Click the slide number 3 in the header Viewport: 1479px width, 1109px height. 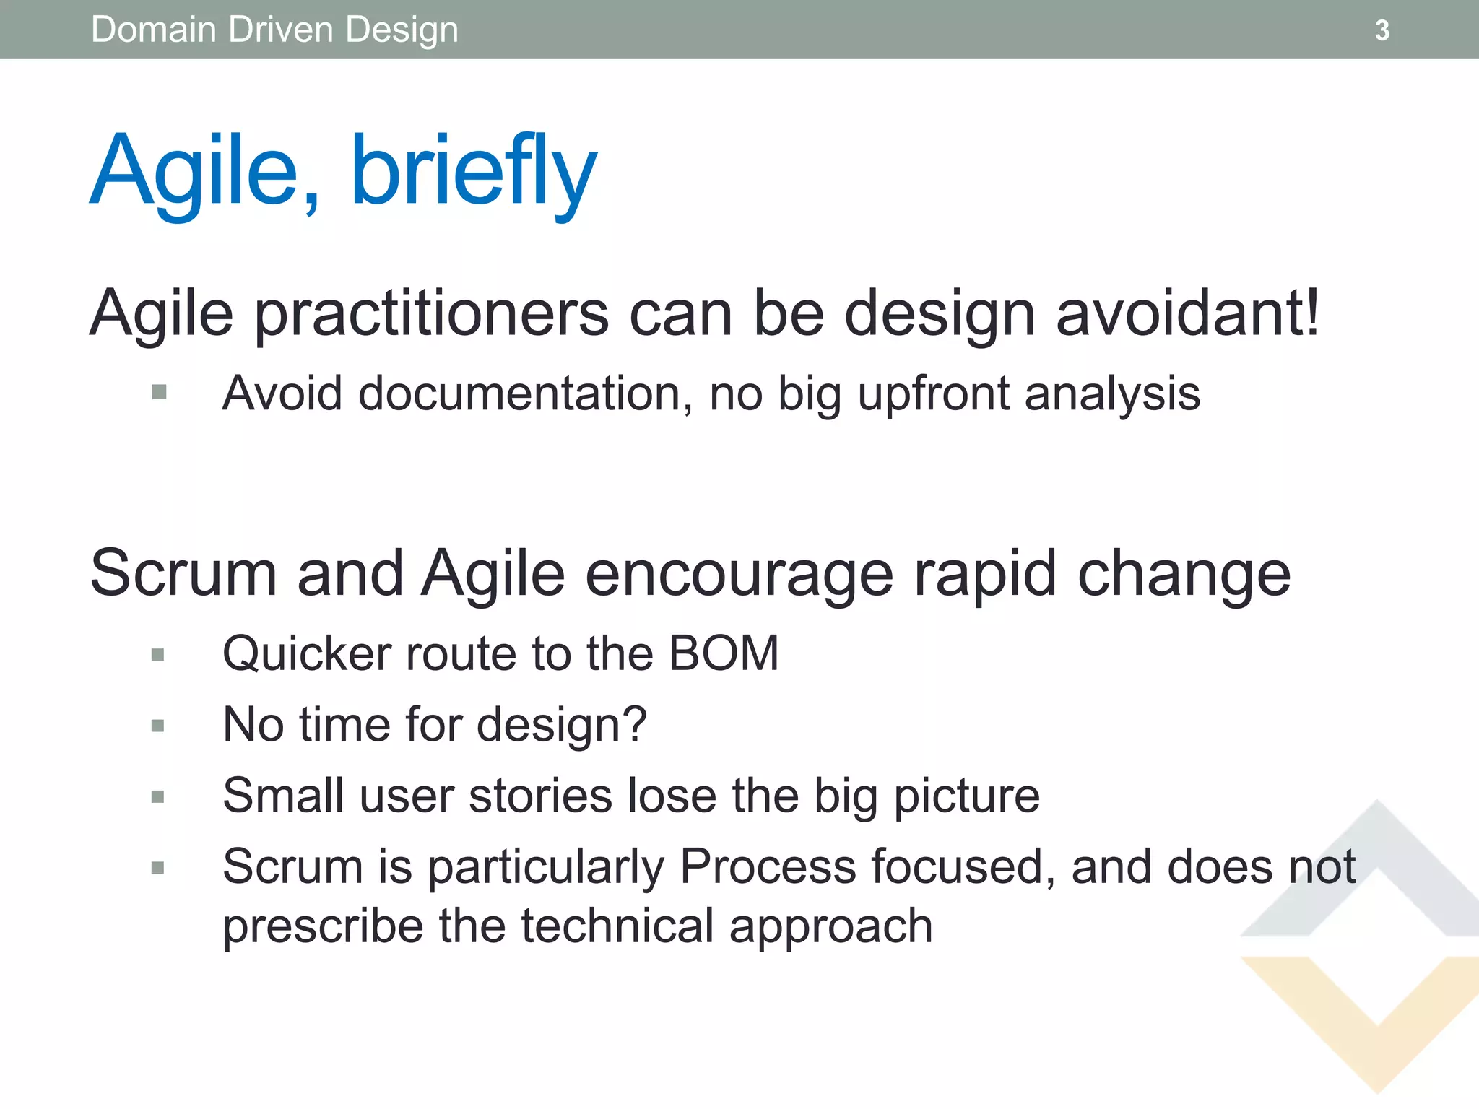(1382, 30)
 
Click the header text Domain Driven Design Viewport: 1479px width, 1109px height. (274, 30)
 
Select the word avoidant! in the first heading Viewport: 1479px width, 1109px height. (1188, 313)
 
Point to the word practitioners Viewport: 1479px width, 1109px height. (432, 315)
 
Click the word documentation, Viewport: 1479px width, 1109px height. (526, 394)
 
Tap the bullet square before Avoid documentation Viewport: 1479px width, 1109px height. (160, 392)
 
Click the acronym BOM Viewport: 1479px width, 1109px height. (724, 653)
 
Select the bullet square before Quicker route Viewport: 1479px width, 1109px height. (158, 655)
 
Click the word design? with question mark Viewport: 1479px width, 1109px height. (562, 725)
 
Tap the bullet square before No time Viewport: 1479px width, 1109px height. (158, 726)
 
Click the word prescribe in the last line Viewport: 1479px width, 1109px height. (323, 927)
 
